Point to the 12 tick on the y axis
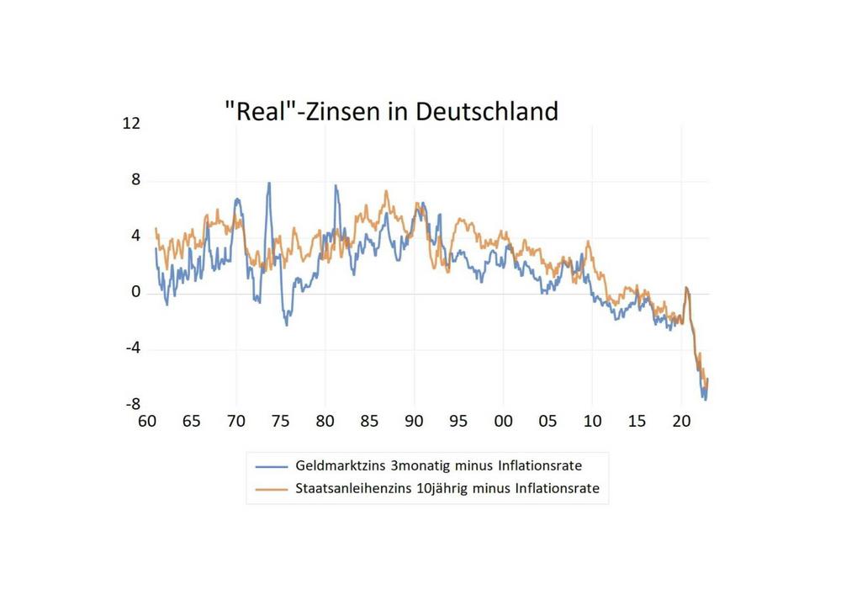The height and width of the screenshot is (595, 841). point(131,124)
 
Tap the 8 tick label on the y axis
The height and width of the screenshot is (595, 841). point(135,180)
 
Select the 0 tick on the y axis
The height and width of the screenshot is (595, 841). point(135,293)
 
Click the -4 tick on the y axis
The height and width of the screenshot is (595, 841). point(132,348)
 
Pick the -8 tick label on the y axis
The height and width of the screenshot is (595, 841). point(132,404)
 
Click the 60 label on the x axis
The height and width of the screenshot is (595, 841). point(147,421)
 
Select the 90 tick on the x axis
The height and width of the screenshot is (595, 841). point(414,421)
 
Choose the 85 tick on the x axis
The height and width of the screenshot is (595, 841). point(369,421)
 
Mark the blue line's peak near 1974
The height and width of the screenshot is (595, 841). point(269,183)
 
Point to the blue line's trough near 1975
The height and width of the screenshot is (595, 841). point(286,324)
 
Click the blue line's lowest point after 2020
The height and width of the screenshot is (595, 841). point(705,400)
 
